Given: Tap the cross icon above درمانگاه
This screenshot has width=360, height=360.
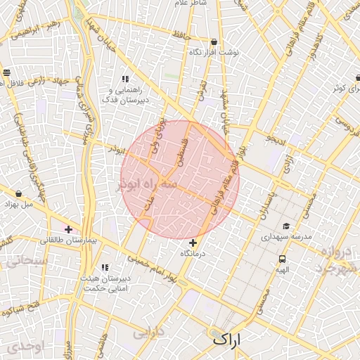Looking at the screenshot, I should coord(193,243).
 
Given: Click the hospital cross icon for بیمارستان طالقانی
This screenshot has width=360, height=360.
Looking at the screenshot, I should coord(68,229).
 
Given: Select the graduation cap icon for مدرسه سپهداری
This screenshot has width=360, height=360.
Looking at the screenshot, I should coord(286,226).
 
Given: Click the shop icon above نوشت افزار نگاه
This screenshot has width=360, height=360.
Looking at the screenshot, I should coord(214,41).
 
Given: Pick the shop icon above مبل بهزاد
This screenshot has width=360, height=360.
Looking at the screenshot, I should coord(18,193).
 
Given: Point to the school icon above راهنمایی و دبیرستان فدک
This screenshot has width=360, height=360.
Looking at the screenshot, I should coord(125,79).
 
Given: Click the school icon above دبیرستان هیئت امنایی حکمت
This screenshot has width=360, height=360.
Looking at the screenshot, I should coord(105,267).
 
